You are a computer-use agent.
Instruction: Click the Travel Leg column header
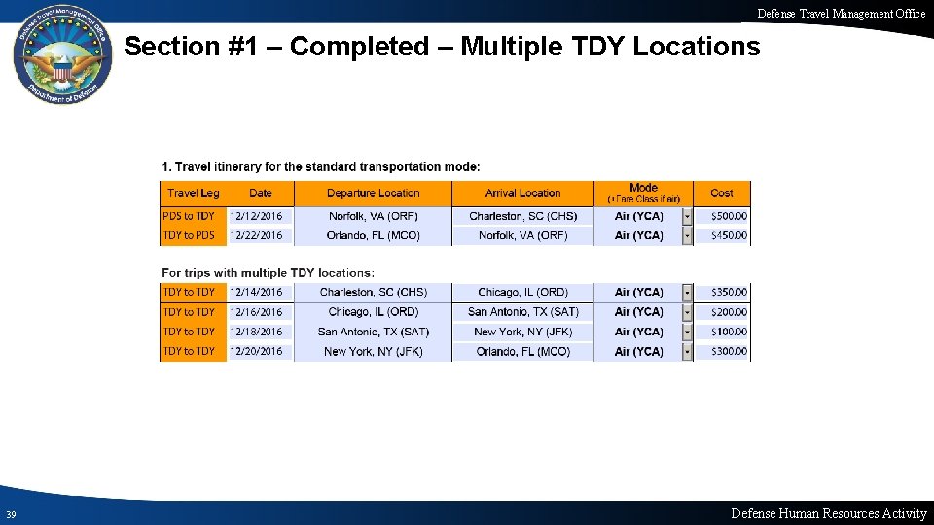pos(193,193)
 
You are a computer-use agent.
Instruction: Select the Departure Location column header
pos(373,193)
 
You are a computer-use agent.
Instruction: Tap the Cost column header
pos(722,193)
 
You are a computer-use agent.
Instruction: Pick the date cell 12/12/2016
pos(256,216)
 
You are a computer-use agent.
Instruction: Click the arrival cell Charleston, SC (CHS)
pos(522,216)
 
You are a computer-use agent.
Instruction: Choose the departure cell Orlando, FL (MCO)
pos(373,235)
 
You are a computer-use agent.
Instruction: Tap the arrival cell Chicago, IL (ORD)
pos(522,292)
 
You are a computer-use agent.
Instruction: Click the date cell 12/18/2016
pos(256,332)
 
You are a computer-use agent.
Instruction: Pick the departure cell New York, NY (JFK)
pos(373,352)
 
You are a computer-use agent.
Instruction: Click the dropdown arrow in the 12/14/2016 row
pos(687,292)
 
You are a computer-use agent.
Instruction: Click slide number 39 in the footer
pos(10,514)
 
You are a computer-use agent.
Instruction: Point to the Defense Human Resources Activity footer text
pos(828,513)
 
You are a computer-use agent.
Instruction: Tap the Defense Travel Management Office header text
pos(842,14)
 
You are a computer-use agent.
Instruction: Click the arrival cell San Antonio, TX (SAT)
pos(522,312)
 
